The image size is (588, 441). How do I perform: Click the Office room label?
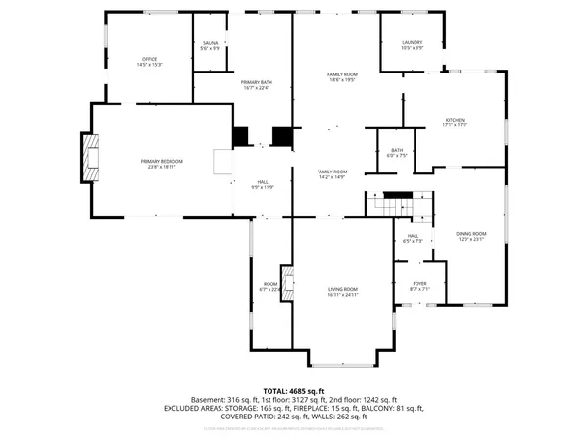[150, 62]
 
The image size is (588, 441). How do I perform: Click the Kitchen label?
[457, 122]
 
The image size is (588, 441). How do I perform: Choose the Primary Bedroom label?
[162, 163]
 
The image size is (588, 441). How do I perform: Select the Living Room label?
[342, 292]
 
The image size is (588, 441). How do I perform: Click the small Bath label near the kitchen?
[395, 153]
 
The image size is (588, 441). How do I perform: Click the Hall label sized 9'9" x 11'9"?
[263, 184]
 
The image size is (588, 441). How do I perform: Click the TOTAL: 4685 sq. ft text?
[293, 389]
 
